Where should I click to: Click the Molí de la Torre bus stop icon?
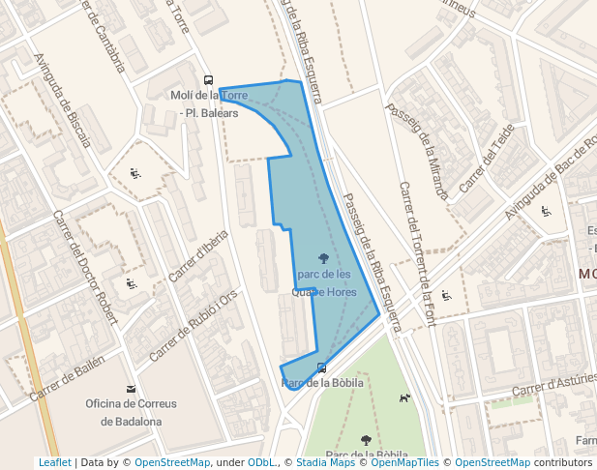[x=208, y=80]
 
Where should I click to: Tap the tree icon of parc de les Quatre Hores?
[x=322, y=258]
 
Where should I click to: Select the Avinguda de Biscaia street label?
[x=62, y=100]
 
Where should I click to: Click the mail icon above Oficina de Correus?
[x=131, y=388]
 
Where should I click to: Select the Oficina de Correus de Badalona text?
[x=131, y=412]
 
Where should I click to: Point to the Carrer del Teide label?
[x=487, y=158]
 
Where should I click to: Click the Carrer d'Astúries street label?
[x=553, y=384]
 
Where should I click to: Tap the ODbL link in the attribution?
[x=262, y=462]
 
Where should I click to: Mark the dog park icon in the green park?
[x=404, y=397]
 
